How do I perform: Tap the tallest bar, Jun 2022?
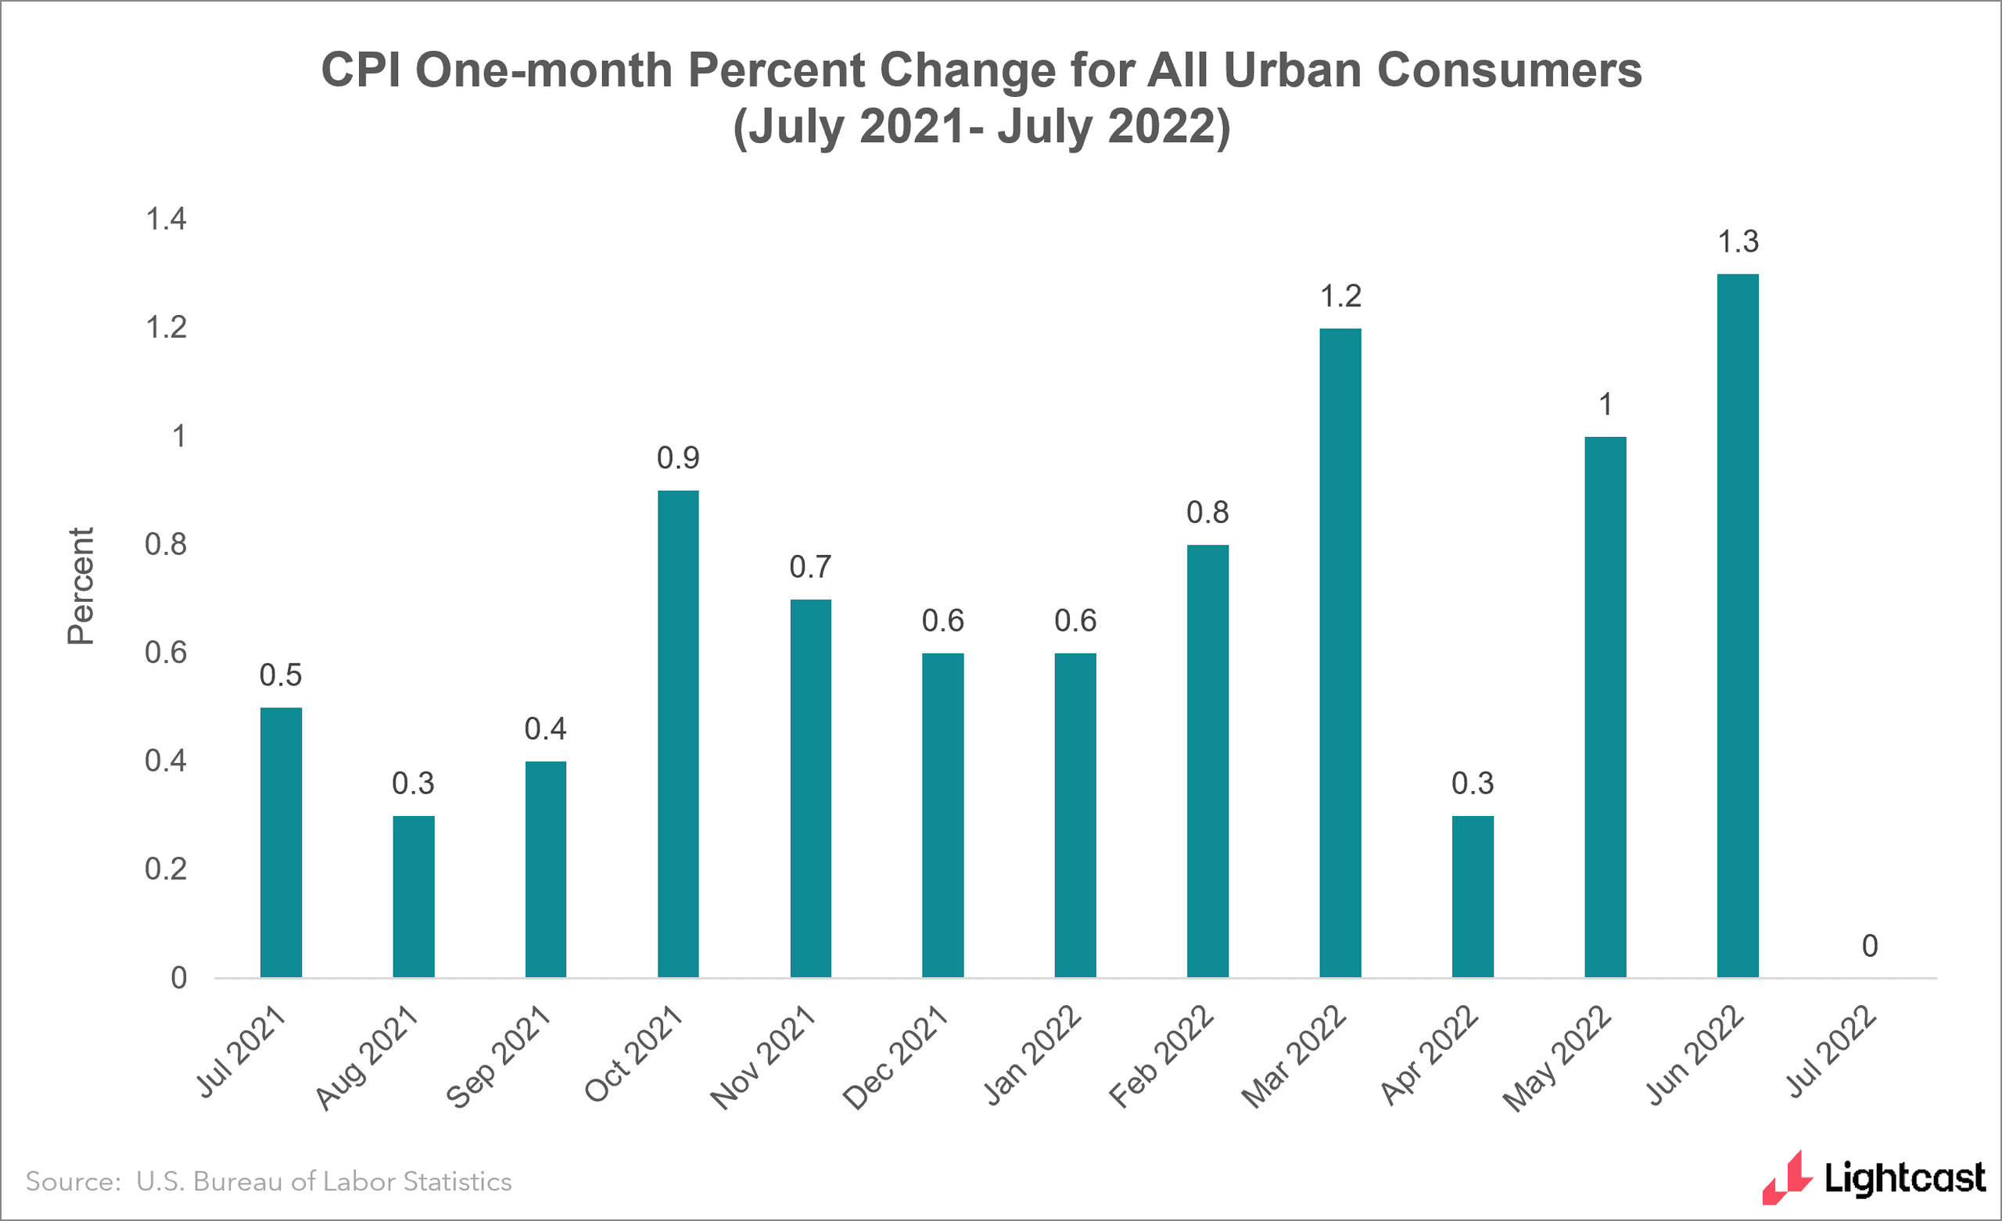click(x=1737, y=625)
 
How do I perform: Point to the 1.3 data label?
click(x=1737, y=242)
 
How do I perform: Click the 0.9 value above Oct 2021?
click(x=677, y=458)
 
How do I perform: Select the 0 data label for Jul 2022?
click(x=1870, y=946)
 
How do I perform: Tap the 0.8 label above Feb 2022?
click(x=1207, y=513)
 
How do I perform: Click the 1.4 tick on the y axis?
click(x=166, y=220)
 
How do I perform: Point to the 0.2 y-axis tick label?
click(x=166, y=869)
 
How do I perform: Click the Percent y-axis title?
click(x=81, y=585)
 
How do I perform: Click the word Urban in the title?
click(x=1292, y=70)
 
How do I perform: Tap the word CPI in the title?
click(x=361, y=70)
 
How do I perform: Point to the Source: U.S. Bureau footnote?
click(x=268, y=1181)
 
